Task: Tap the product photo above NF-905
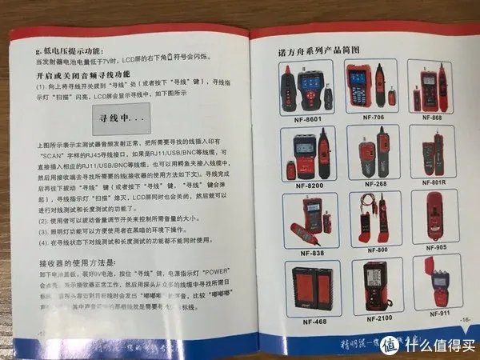[434, 217]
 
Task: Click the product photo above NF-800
[370, 217]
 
